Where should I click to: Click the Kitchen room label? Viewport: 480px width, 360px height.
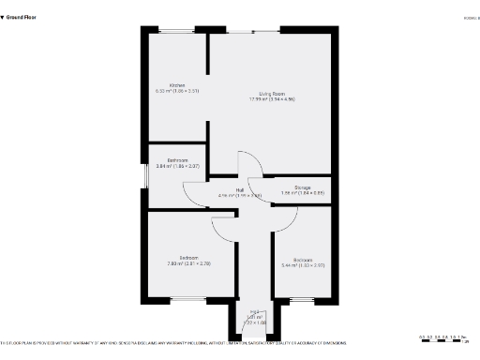(176, 85)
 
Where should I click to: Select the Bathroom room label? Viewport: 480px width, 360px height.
(177, 160)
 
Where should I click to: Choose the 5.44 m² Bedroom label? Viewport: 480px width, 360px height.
(302, 260)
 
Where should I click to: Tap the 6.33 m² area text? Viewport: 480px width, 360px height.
(176, 92)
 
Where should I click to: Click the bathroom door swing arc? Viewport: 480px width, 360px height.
(198, 194)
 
